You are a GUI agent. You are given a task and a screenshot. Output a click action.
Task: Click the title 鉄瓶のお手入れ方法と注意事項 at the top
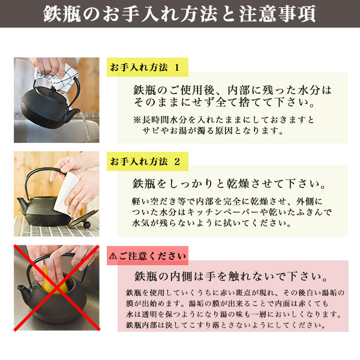180,14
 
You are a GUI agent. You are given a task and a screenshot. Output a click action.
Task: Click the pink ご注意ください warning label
147,257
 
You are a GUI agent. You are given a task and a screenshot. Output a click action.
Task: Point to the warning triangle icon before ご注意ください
113,257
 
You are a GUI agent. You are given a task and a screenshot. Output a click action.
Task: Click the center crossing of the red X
56,287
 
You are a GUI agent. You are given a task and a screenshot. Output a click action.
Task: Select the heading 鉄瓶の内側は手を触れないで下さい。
231,278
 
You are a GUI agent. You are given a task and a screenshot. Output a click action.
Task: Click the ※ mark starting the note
136,119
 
